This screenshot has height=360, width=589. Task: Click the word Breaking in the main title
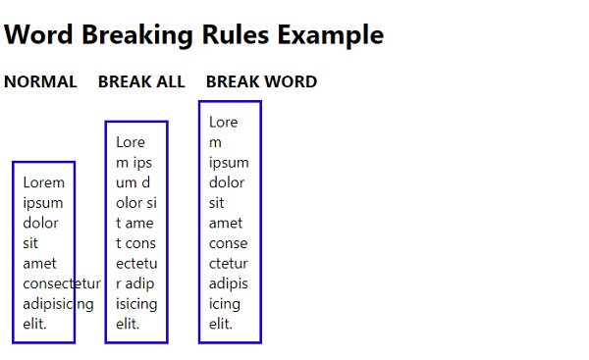tap(137, 35)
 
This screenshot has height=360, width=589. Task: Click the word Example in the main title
tap(331, 35)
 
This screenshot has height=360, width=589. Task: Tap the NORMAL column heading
tap(40, 81)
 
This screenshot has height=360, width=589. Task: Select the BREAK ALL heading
tap(141, 81)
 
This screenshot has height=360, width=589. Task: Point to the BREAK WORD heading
tap(262, 81)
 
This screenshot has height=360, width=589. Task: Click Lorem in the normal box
tap(44, 182)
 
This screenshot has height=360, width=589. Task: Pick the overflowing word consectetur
tap(62, 283)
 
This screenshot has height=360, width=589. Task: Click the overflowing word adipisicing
tap(58, 304)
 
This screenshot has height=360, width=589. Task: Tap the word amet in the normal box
tap(39, 264)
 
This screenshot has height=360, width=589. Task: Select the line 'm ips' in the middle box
tap(134, 163)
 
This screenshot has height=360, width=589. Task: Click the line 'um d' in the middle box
tap(133, 182)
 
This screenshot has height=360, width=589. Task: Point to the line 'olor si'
tap(136, 203)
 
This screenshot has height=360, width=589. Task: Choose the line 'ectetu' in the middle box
tap(136, 264)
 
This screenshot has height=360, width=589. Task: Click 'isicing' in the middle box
tap(136, 304)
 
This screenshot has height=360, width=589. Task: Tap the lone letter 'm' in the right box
tap(215, 143)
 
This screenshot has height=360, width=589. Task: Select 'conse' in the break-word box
tap(229, 243)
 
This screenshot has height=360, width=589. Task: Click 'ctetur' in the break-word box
tap(229, 264)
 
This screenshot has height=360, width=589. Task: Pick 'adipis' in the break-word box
tap(229, 284)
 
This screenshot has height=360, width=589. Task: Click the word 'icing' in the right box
tap(225, 304)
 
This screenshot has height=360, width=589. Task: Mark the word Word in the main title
tap(38, 35)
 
